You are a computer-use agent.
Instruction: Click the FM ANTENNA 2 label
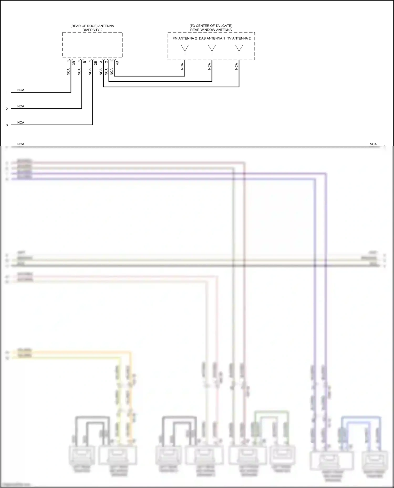click(185, 38)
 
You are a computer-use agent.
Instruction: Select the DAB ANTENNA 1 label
click(212, 38)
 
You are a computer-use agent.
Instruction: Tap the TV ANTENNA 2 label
click(239, 38)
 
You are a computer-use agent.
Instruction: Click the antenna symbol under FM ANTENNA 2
click(185, 49)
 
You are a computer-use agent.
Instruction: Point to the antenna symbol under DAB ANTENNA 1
click(212, 49)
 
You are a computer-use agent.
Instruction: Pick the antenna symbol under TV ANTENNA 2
click(239, 49)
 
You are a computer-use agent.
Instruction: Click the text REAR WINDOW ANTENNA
click(211, 30)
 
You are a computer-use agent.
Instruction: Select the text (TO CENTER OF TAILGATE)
click(211, 26)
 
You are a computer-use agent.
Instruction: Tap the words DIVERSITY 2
click(92, 30)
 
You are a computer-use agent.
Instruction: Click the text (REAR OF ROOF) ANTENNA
click(92, 26)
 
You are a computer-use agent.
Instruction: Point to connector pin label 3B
click(74, 63)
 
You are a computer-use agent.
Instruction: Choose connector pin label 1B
click(85, 63)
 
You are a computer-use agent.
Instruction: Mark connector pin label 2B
click(96, 63)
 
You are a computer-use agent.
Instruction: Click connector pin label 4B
click(117, 63)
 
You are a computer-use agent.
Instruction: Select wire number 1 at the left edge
click(7, 93)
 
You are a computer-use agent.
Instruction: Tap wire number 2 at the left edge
click(7, 109)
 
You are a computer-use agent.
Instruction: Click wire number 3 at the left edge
click(7, 125)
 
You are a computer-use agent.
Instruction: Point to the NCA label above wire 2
click(21, 106)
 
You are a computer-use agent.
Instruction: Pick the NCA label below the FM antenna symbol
click(182, 66)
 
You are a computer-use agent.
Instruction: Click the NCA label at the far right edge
click(373, 144)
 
